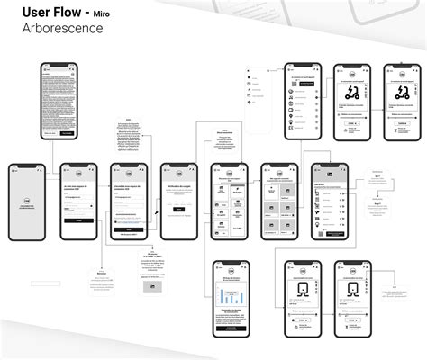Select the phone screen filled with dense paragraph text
[58, 100]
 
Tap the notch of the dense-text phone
[58, 65]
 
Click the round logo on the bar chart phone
[229, 271]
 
